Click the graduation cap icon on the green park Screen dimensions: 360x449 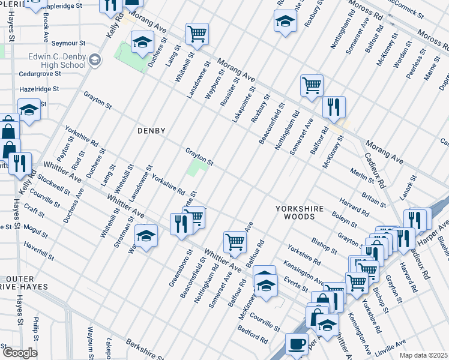point(142,43)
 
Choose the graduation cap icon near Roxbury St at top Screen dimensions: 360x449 point(285,22)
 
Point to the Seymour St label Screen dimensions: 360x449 point(68,43)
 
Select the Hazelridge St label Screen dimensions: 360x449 point(38,89)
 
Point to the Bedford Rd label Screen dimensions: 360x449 point(252,335)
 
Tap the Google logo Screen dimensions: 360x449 point(20,352)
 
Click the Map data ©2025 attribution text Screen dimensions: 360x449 point(424,355)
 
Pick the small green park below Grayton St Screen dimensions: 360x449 point(197,167)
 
